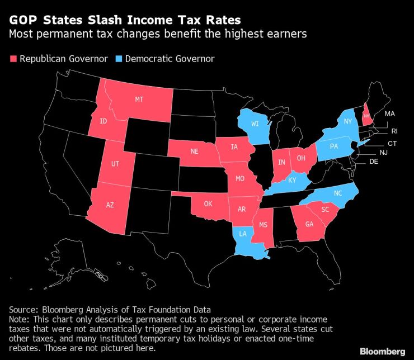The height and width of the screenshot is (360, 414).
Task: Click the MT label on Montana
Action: [139, 99]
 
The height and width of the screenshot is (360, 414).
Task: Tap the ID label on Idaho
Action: [103, 121]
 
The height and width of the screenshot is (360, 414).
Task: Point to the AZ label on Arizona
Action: [110, 205]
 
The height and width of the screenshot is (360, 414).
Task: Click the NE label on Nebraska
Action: [195, 151]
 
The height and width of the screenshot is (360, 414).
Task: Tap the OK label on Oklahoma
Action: [208, 203]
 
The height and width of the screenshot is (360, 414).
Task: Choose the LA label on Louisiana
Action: [242, 234]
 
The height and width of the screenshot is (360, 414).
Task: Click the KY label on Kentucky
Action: [293, 181]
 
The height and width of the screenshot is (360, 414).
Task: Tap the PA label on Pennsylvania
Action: [334, 146]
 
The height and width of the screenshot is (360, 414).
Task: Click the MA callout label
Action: [390, 114]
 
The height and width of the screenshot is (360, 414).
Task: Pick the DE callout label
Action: [374, 162]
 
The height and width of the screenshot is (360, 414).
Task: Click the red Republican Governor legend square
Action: [13, 59]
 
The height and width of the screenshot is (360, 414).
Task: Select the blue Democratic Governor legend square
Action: [119, 59]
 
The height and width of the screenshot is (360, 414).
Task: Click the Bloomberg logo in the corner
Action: [382, 351]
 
